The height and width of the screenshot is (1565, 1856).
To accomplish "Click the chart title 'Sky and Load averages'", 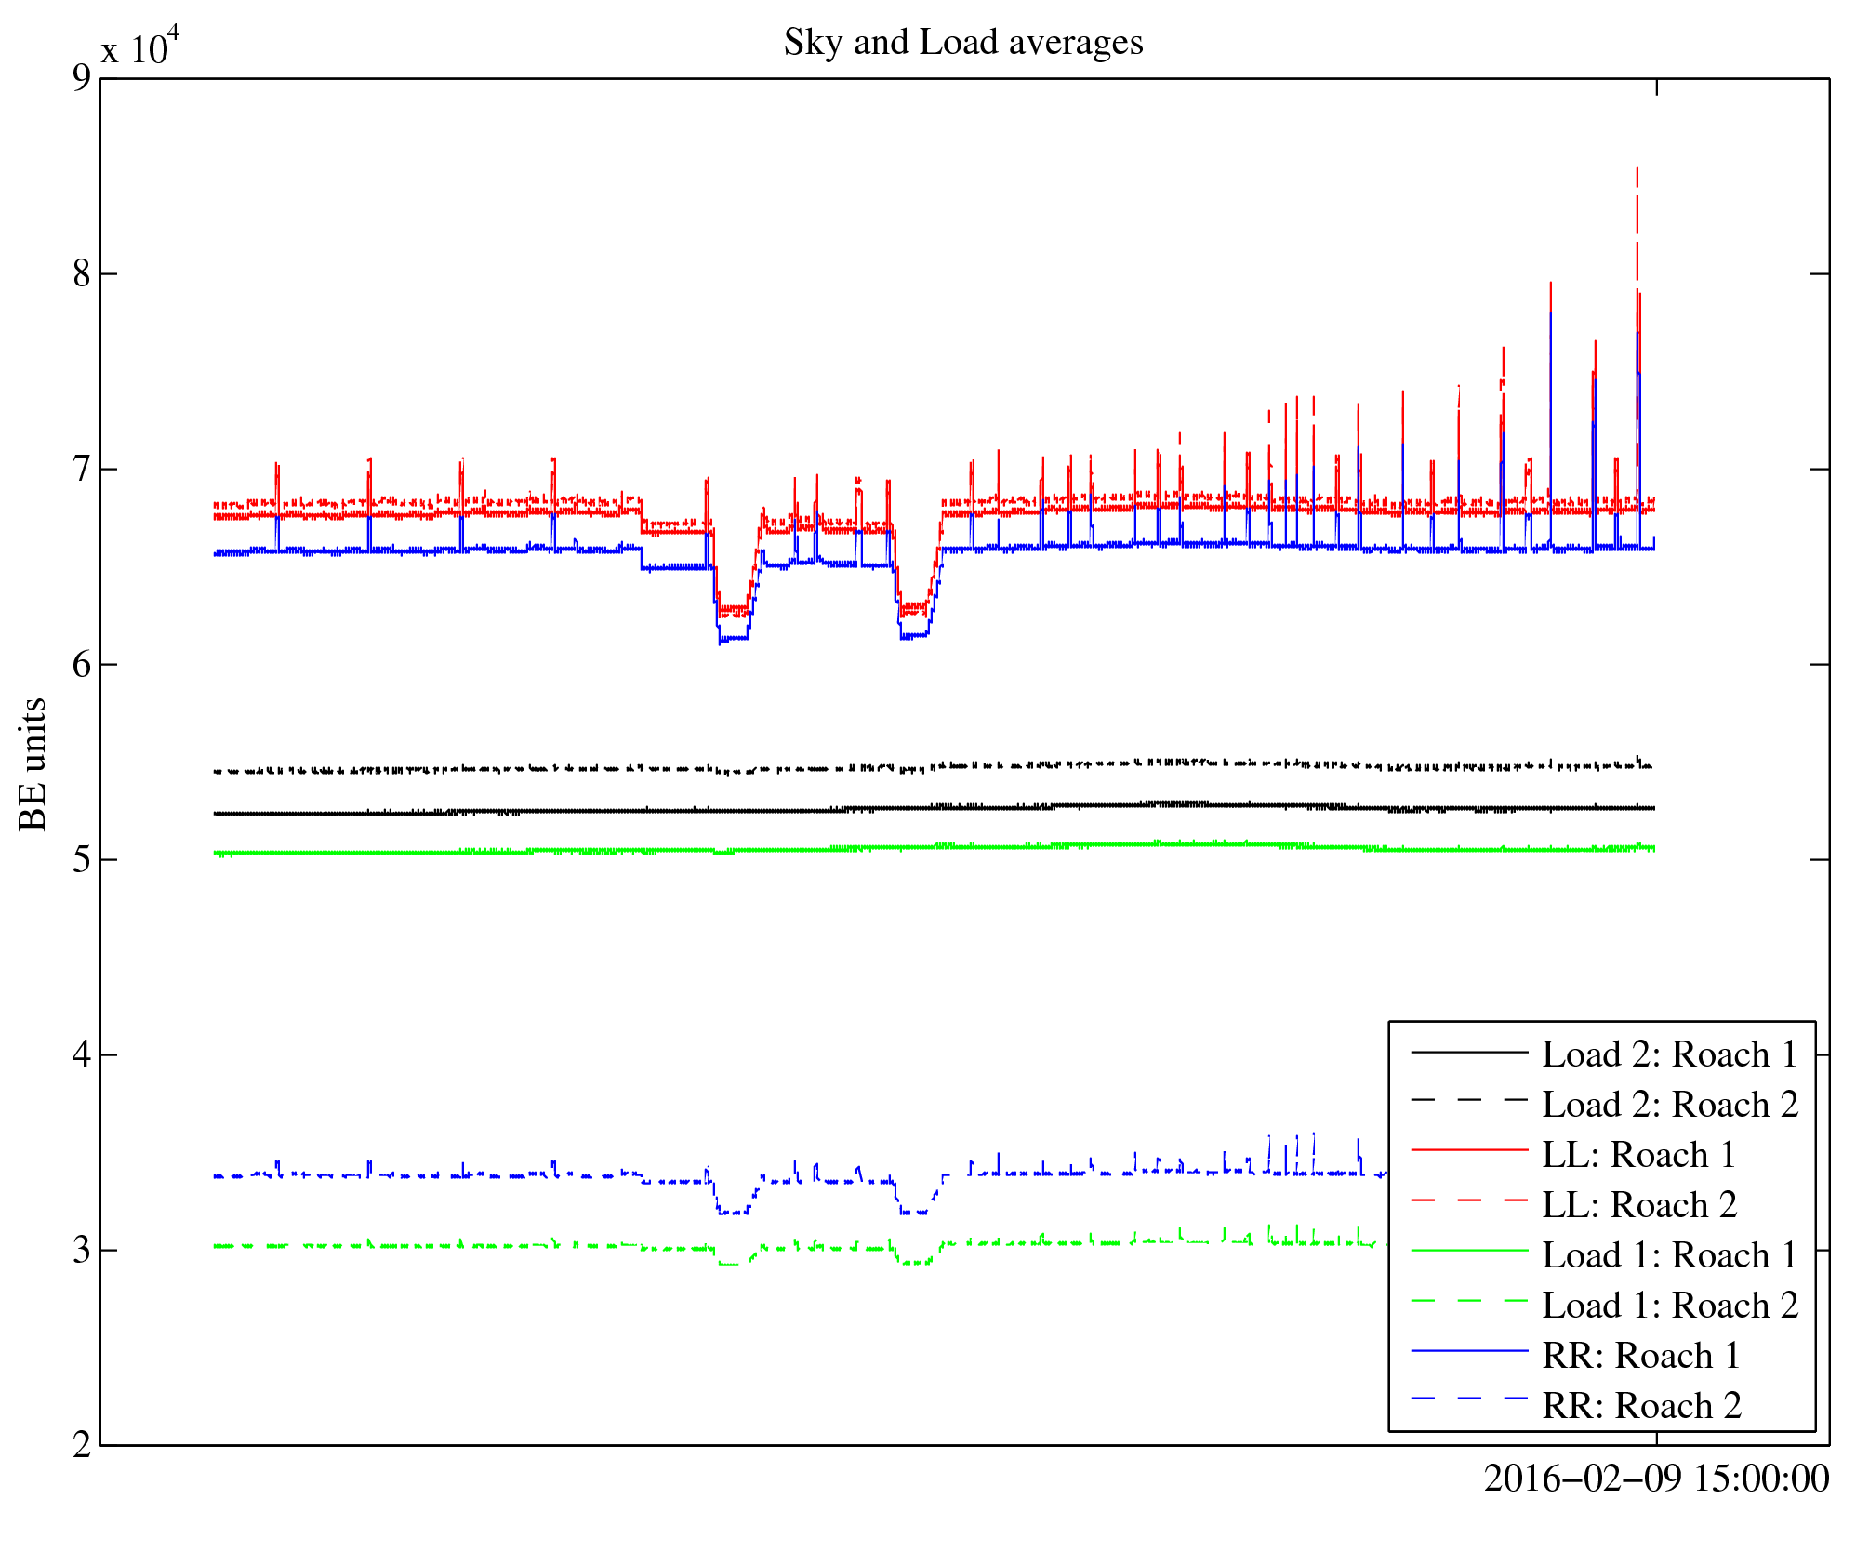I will click(x=962, y=43).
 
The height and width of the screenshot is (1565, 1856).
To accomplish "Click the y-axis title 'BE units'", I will click(x=33, y=763).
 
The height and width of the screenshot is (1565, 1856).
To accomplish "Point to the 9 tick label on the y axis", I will click(x=82, y=78).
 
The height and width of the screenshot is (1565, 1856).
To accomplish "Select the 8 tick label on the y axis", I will click(x=82, y=273).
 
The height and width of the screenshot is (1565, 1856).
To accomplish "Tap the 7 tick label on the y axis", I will click(x=82, y=469).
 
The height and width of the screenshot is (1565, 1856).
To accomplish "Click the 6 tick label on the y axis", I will click(x=82, y=664).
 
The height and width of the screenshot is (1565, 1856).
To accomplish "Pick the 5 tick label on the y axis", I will click(x=82, y=859).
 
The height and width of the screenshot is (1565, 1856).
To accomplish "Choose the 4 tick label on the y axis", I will click(x=82, y=1054).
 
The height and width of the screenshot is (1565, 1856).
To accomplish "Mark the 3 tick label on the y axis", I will click(x=82, y=1250).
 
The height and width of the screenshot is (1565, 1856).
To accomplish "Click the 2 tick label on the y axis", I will click(x=82, y=1445).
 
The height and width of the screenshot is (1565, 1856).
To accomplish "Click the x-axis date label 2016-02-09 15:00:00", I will click(x=1656, y=1479).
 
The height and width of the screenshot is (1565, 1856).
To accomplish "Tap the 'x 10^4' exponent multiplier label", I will click(x=139, y=46).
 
